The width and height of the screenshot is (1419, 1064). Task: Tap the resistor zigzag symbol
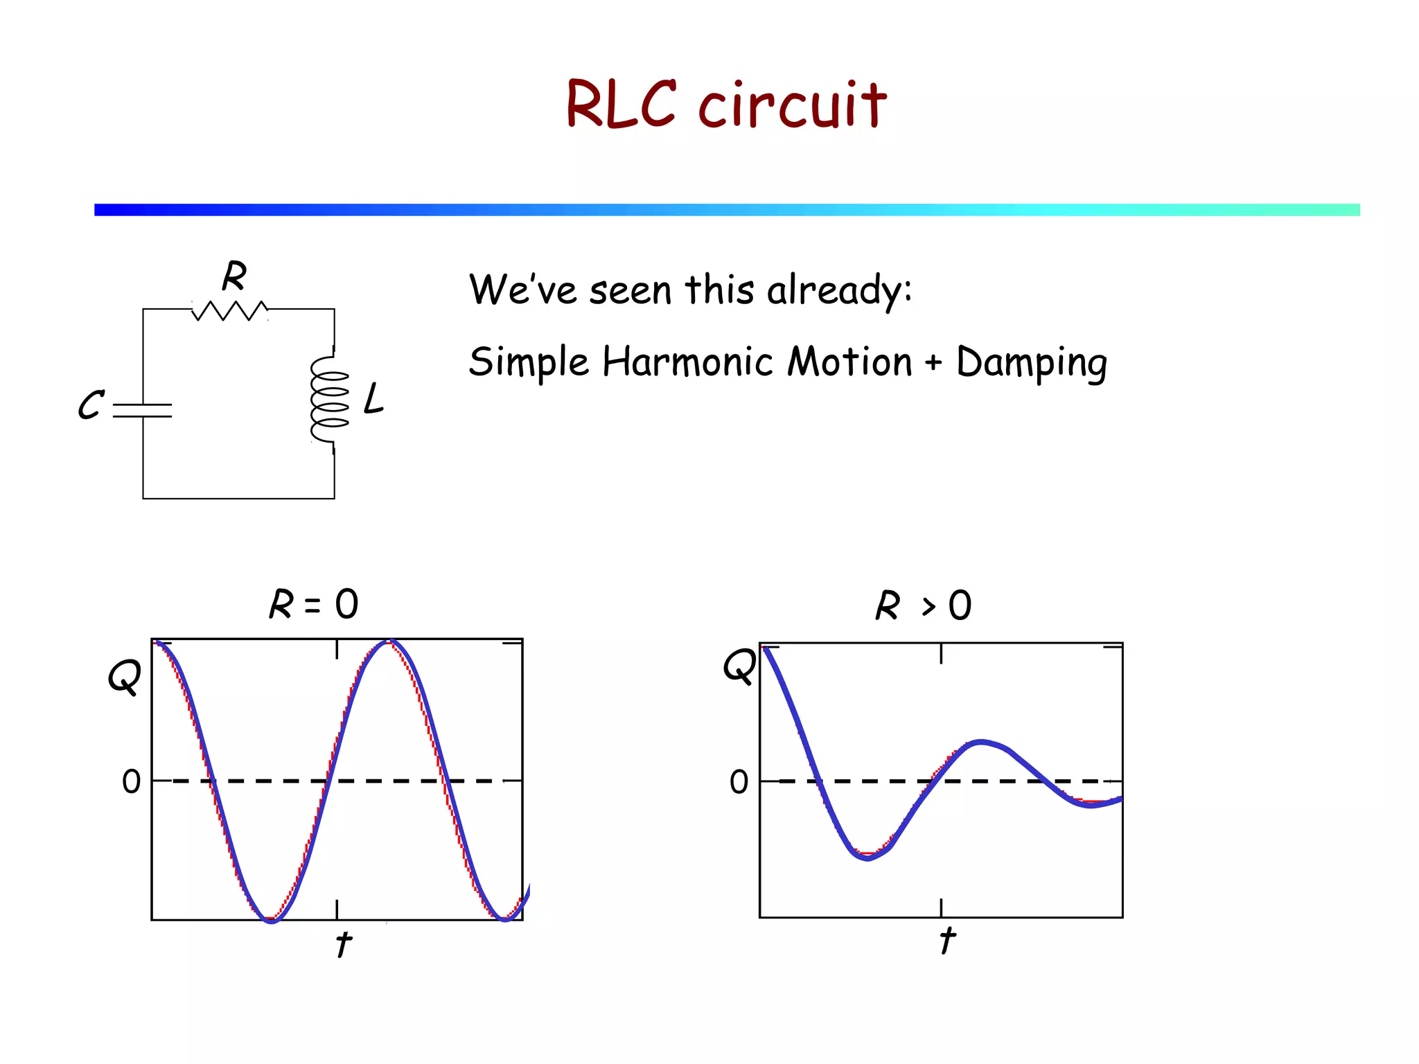229,311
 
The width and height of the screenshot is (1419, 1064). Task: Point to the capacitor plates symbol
143,410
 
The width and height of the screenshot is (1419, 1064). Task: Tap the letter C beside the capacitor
91,405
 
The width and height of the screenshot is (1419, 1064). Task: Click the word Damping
1031,362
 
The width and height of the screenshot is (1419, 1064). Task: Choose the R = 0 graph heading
314,604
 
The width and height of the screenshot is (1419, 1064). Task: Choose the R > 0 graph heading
923,605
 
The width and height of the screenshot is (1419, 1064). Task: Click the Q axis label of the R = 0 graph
125,675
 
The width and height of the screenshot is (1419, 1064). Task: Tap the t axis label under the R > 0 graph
947,941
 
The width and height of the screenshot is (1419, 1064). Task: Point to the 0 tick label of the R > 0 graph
739,782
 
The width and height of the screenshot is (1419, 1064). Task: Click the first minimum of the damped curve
867,857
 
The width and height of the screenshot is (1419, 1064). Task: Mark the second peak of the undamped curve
390,642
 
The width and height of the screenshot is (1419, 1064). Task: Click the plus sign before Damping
933,362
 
